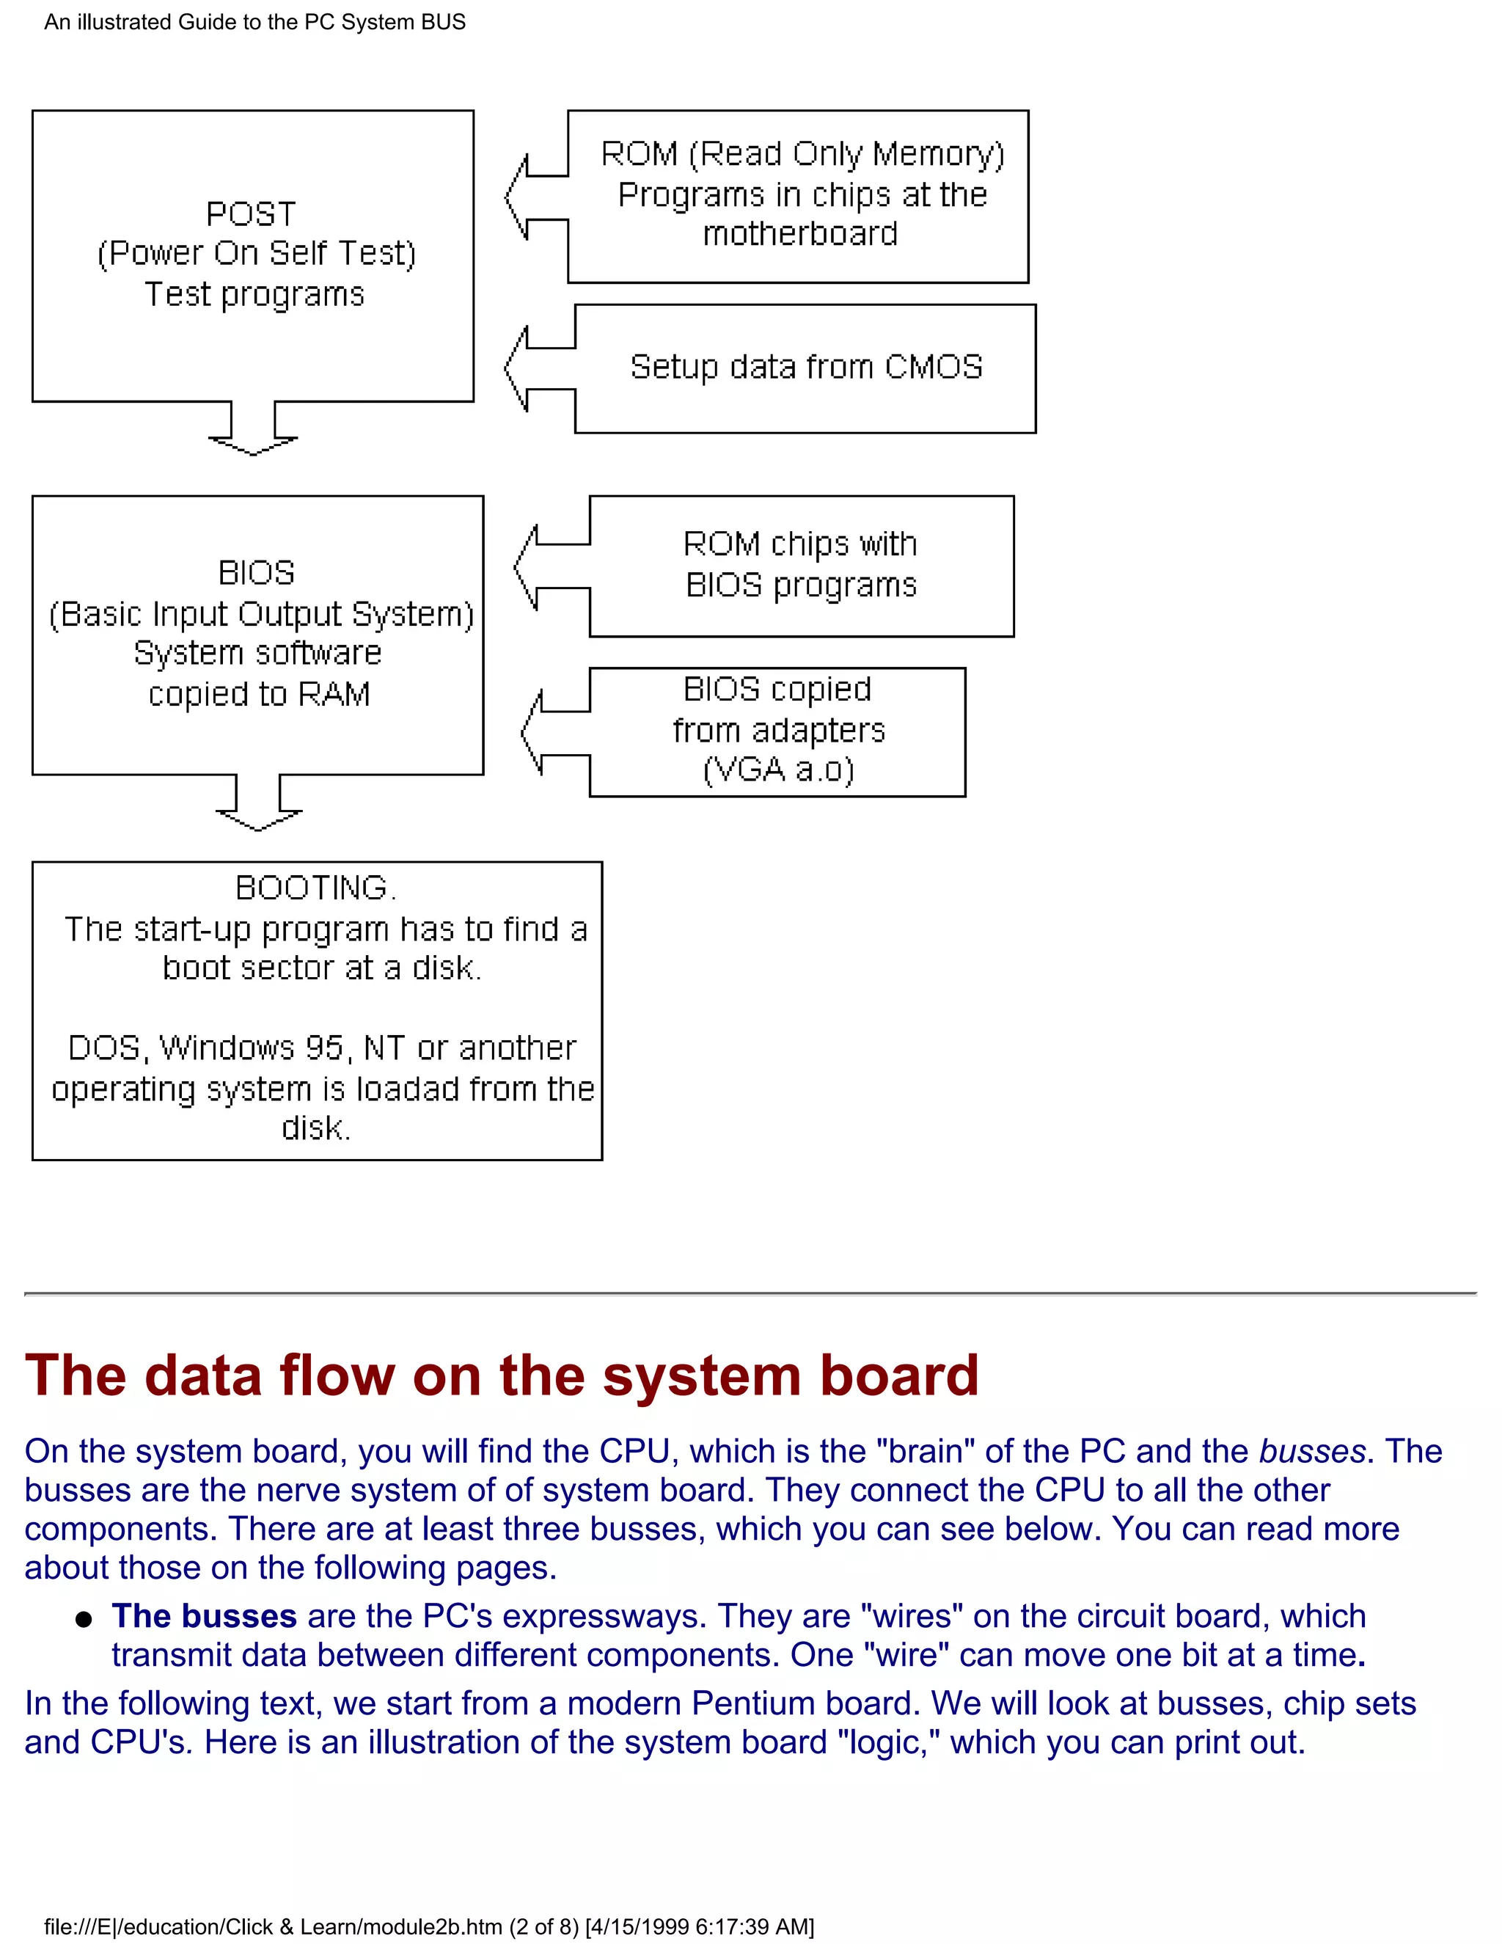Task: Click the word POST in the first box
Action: tap(251, 214)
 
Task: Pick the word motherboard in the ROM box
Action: tap(800, 234)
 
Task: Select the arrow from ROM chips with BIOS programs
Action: tap(550, 567)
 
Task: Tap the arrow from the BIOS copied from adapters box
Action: tap(554, 734)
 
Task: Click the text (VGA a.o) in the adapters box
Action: tap(779, 770)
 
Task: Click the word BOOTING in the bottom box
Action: tap(312, 888)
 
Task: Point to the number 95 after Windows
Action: tap(324, 1048)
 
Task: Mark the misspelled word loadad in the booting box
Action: tap(408, 1089)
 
